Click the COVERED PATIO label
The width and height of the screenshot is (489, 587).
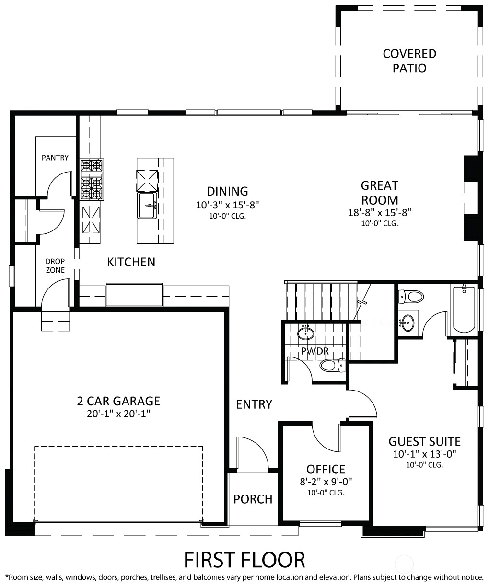click(x=409, y=61)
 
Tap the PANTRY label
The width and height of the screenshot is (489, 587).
click(x=55, y=158)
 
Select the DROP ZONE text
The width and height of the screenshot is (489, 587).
click(x=55, y=265)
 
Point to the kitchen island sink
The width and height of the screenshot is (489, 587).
click(x=147, y=205)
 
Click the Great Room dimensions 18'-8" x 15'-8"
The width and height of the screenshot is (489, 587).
click(x=380, y=213)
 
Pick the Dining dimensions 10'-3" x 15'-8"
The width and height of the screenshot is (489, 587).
click(x=227, y=205)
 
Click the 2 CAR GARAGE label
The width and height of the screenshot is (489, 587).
click(x=118, y=401)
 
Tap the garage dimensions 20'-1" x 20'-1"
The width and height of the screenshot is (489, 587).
click(x=118, y=414)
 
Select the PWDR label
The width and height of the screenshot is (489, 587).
click(x=315, y=351)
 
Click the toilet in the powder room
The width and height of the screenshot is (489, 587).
click(x=332, y=366)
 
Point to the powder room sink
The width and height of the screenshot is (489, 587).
click(x=306, y=333)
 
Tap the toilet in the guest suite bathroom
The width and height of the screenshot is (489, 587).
click(x=411, y=297)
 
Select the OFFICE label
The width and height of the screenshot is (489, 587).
click(x=326, y=469)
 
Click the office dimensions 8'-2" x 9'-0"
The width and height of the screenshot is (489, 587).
click(x=326, y=482)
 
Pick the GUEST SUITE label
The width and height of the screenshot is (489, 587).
click(x=425, y=441)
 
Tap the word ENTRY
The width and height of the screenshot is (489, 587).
click(x=254, y=404)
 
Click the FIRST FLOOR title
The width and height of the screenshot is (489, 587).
click(x=244, y=560)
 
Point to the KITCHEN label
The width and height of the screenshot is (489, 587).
click(x=131, y=262)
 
